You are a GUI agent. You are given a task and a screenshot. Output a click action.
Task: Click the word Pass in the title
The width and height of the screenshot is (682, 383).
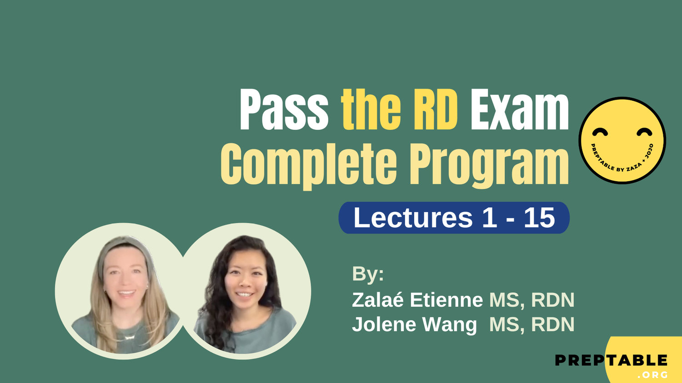pos(284,110)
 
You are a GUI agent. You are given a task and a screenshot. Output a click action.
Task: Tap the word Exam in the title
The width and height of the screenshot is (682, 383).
pos(519,110)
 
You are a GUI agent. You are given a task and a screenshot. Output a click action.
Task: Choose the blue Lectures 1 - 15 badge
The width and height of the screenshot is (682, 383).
pos(454,218)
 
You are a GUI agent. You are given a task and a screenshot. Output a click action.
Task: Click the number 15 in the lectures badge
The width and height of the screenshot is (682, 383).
pos(539,218)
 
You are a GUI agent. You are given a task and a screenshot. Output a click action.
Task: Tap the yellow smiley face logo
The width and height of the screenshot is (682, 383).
pos(622,140)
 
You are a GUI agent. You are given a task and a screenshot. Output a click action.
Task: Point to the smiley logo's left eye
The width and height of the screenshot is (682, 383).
pos(600,132)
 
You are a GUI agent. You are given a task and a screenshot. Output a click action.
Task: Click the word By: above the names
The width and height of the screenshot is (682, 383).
pos(368,274)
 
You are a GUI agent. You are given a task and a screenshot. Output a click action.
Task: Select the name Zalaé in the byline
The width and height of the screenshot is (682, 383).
pos(378,300)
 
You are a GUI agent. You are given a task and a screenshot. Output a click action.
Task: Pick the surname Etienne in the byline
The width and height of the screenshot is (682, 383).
pos(446,300)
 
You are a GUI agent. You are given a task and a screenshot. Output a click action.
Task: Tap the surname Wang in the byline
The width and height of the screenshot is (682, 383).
pos(450,324)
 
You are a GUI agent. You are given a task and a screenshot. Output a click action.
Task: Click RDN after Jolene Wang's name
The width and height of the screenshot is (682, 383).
pos(552,324)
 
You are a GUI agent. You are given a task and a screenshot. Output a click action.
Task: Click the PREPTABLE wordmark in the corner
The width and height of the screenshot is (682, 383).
pos(611,361)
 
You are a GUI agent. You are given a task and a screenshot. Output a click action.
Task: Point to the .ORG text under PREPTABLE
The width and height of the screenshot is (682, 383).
pos(652,375)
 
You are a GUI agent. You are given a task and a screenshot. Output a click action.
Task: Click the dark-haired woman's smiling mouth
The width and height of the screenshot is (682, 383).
pos(244,294)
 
